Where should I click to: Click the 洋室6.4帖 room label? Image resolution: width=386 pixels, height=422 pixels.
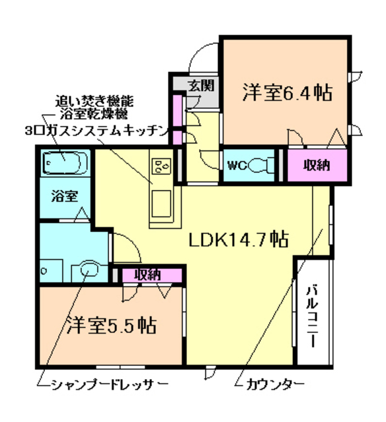coord(286,92)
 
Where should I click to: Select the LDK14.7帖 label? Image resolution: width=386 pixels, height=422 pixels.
coord(239,239)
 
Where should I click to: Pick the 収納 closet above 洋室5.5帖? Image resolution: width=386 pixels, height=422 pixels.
coord(147,274)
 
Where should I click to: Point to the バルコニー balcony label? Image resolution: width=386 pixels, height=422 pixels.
coord(313,317)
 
